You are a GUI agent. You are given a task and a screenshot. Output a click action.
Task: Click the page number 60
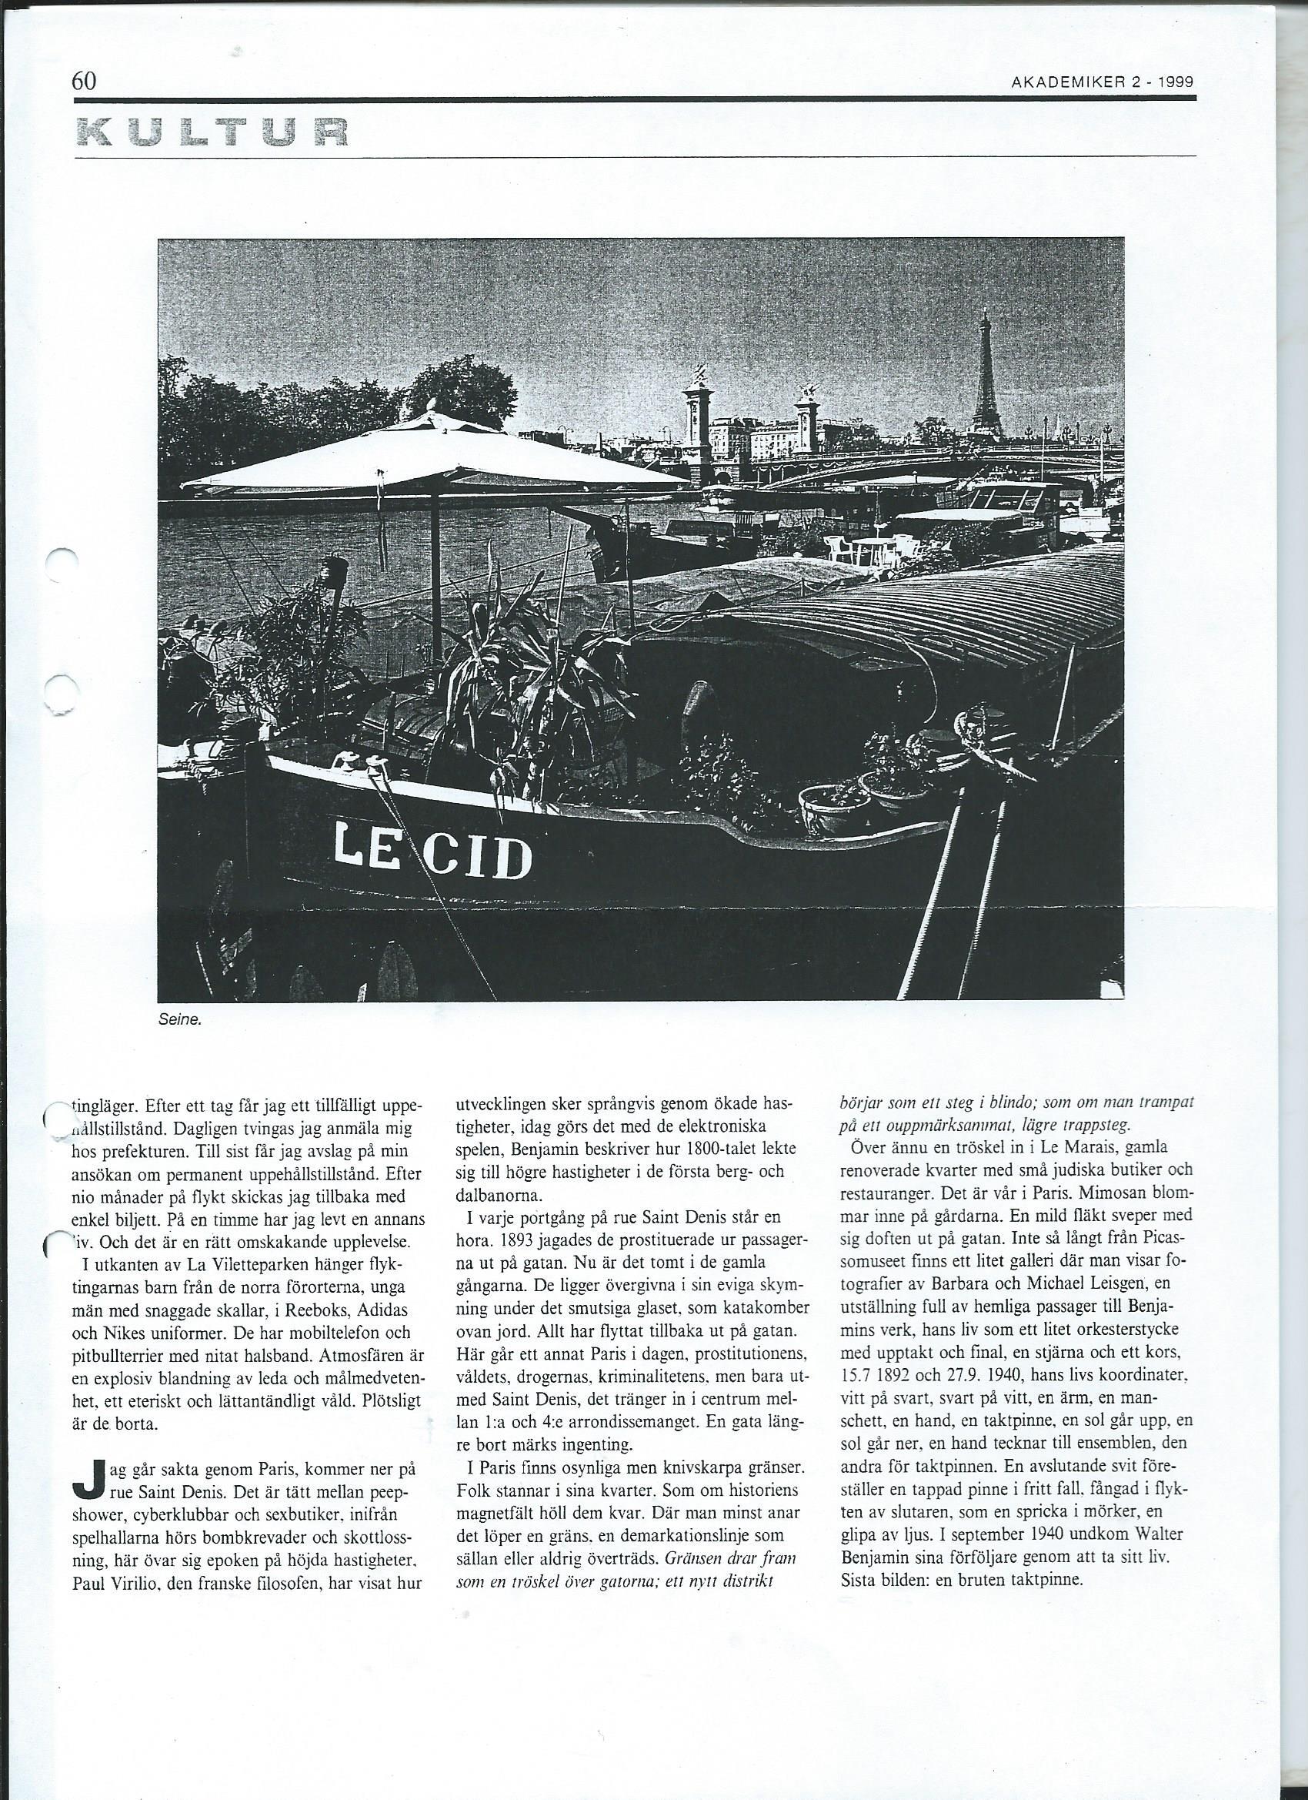(x=84, y=80)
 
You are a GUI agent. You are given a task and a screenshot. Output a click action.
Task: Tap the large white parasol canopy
(x=429, y=453)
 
